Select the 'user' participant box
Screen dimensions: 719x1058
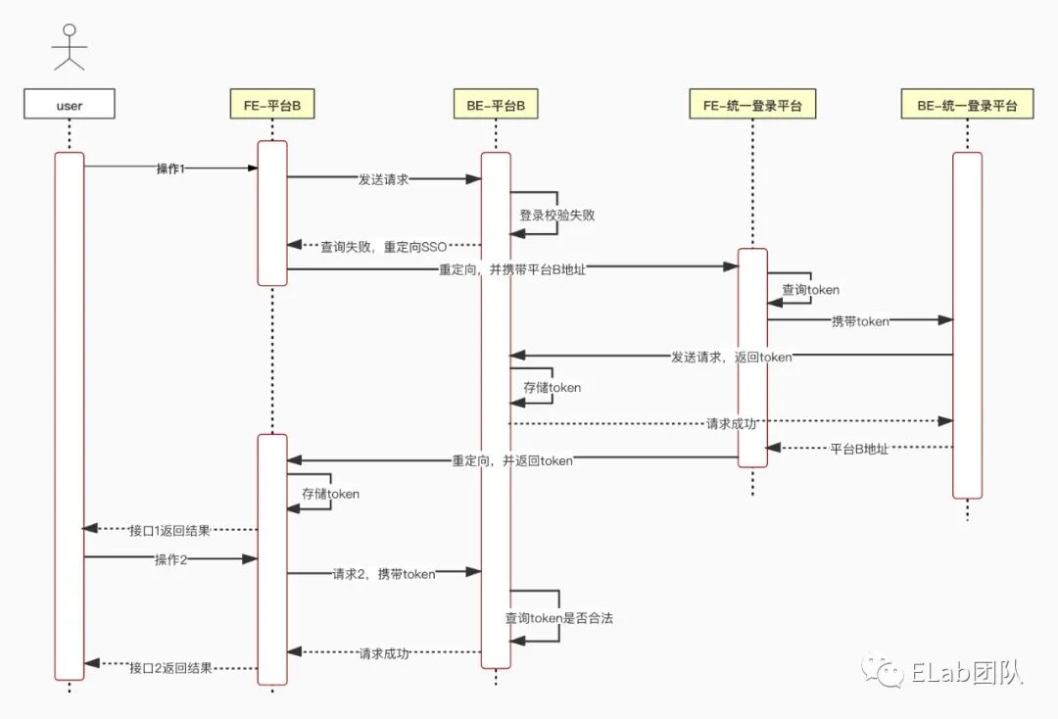pyautogui.click(x=70, y=105)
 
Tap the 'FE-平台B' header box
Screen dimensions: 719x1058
pyautogui.click(x=272, y=105)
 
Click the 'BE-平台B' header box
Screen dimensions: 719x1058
pyautogui.click(x=496, y=105)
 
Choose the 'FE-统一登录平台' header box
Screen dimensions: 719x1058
pyautogui.click(x=752, y=105)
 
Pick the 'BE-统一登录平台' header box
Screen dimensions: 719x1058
pyautogui.click(x=967, y=105)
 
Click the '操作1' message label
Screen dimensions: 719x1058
pyautogui.click(x=171, y=168)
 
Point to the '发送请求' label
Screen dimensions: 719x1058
pyautogui.click(x=383, y=180)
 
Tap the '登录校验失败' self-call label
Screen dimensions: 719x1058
pyautogui.click(x=556, y=216)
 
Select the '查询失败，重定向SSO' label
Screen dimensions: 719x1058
pyautogui.click(x=384, y=247)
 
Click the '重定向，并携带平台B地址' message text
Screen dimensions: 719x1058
pyautogui.click(x=512, y=269)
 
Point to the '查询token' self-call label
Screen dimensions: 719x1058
pyautogui.click(x=810, y=290)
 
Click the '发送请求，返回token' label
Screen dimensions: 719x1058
pyautogui.click(x=731, y=357)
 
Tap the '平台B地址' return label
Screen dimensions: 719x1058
pyautogui.click(x=859, y=450)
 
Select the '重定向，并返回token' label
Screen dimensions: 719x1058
pyautogui.click(x=512, y=460)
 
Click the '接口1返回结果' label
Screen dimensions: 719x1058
pyautogui.click(x=169, y=530)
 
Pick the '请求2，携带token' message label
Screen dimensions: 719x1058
pyautogui.click(x=383, y=573)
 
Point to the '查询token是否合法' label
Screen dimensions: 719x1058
pyautogui.click(x=558, y=619)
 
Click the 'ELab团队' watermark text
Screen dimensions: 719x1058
pyautogui.click(x=966, y=673)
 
